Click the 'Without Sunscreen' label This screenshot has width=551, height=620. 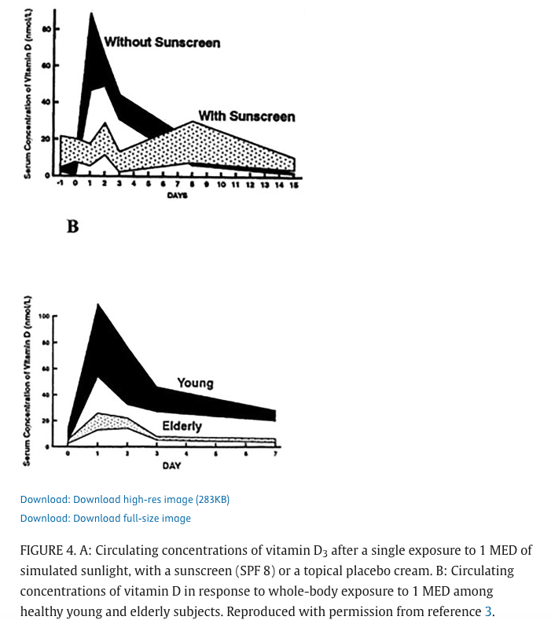point(162,42)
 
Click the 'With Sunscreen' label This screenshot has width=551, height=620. point(246,116)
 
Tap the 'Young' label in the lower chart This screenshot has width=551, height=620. point(195,383)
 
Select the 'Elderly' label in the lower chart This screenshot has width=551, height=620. point(182,426)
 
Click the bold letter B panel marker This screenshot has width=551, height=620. point(72,226)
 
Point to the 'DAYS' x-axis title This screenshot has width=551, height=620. point(177,195)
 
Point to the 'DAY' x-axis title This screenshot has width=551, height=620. point(171,465)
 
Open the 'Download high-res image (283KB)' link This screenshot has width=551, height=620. point(124,499)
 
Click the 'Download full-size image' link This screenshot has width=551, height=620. point(105,518)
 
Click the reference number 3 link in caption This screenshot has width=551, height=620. point(488,611)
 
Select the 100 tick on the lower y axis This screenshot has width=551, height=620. point(44,316)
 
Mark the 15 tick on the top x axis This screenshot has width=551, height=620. point(294,185)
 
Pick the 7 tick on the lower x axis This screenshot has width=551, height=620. point(274,454)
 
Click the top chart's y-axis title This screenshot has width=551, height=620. point(28,94)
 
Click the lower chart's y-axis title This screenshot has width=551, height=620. point(28,380)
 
